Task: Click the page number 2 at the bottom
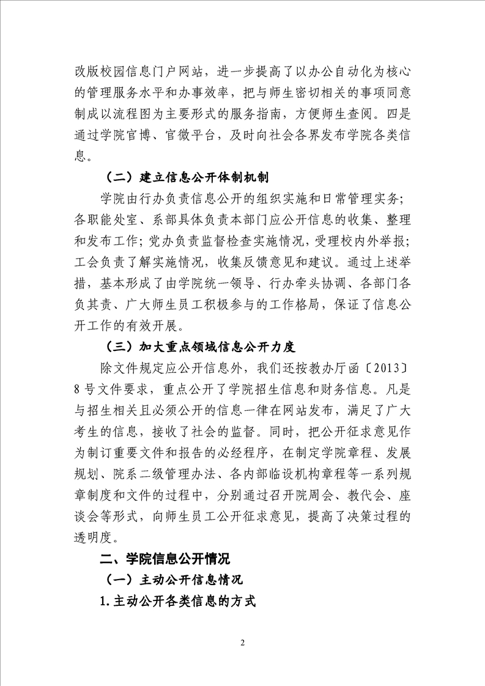coord(243,643)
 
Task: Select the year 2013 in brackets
coord(386,369)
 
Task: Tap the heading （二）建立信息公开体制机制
coord(188,177)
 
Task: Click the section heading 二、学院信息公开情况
coord(165,559)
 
